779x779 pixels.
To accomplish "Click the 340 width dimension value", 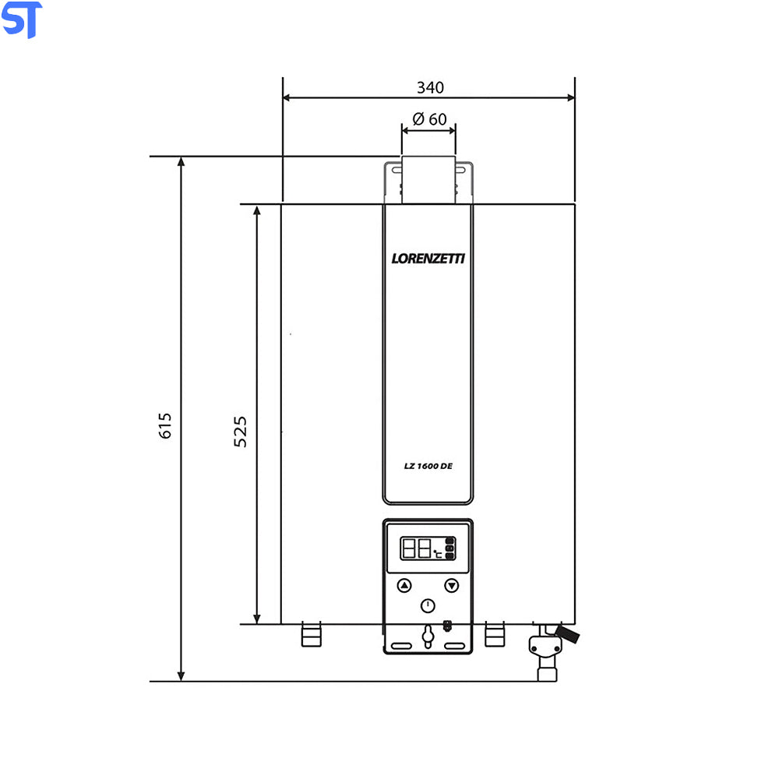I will pyautogui.click(x=430, y=87).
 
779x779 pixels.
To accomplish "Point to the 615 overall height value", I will pyautogui.click(x=165, y=426).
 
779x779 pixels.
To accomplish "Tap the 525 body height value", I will pyautogui.click(x=241, y=431).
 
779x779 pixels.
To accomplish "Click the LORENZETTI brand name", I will pyautogui.click(x=428, y=259).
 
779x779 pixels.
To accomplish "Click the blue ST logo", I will pyautogui.click(x=22, y=20).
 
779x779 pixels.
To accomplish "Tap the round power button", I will pyautogui.click(x=428, y=606).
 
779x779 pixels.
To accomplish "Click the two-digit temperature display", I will pyautogui.click(x=416, y=549).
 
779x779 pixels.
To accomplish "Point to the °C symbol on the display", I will pyautogui.click(x=438, y=555).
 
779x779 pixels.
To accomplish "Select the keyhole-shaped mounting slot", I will pyautogui.click(x=428, y=636).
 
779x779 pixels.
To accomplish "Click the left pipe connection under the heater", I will pyautogui.click(x=311, y=635).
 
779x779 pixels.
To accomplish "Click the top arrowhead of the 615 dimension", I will pyautogui.click(x=182, y=161).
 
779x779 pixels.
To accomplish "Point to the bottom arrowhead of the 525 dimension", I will pyautogui.click(x=257, y=619).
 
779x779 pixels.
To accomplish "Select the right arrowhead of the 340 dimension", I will pyautogui.click(x=570, y=98).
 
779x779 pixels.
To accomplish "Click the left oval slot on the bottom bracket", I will pyautogui.click(x=403, y=647).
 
